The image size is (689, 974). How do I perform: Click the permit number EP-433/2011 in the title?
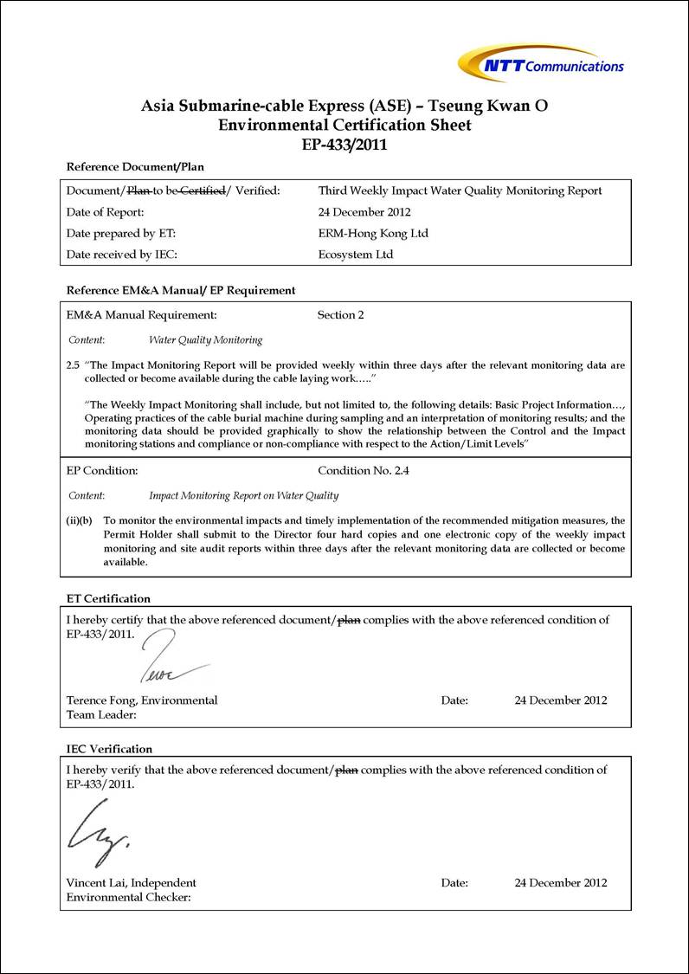(x=344, y=145)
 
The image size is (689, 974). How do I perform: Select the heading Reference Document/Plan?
(x=135, y=167)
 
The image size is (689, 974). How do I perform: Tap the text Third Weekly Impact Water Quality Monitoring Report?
(x=460, y=190)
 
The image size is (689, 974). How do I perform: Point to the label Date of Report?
(x=105, y=212)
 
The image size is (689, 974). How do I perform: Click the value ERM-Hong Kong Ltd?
(x=373, y=234)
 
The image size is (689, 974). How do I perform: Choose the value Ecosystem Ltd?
(x=356, y=255)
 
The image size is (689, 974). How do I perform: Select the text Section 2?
(x=340, y=315)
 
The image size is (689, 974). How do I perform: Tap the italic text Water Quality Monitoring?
(x=205, y=340)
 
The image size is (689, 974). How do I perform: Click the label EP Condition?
(x=102, y=471)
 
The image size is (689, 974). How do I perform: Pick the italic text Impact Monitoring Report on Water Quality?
(x=243, y=496)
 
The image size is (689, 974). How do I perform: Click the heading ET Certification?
(x=108, y=598)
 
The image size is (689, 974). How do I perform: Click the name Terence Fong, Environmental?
(x=142, y=700)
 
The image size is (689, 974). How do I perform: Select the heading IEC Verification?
(x=109, y=749)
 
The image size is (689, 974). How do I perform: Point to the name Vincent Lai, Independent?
(x=132, y=883)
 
